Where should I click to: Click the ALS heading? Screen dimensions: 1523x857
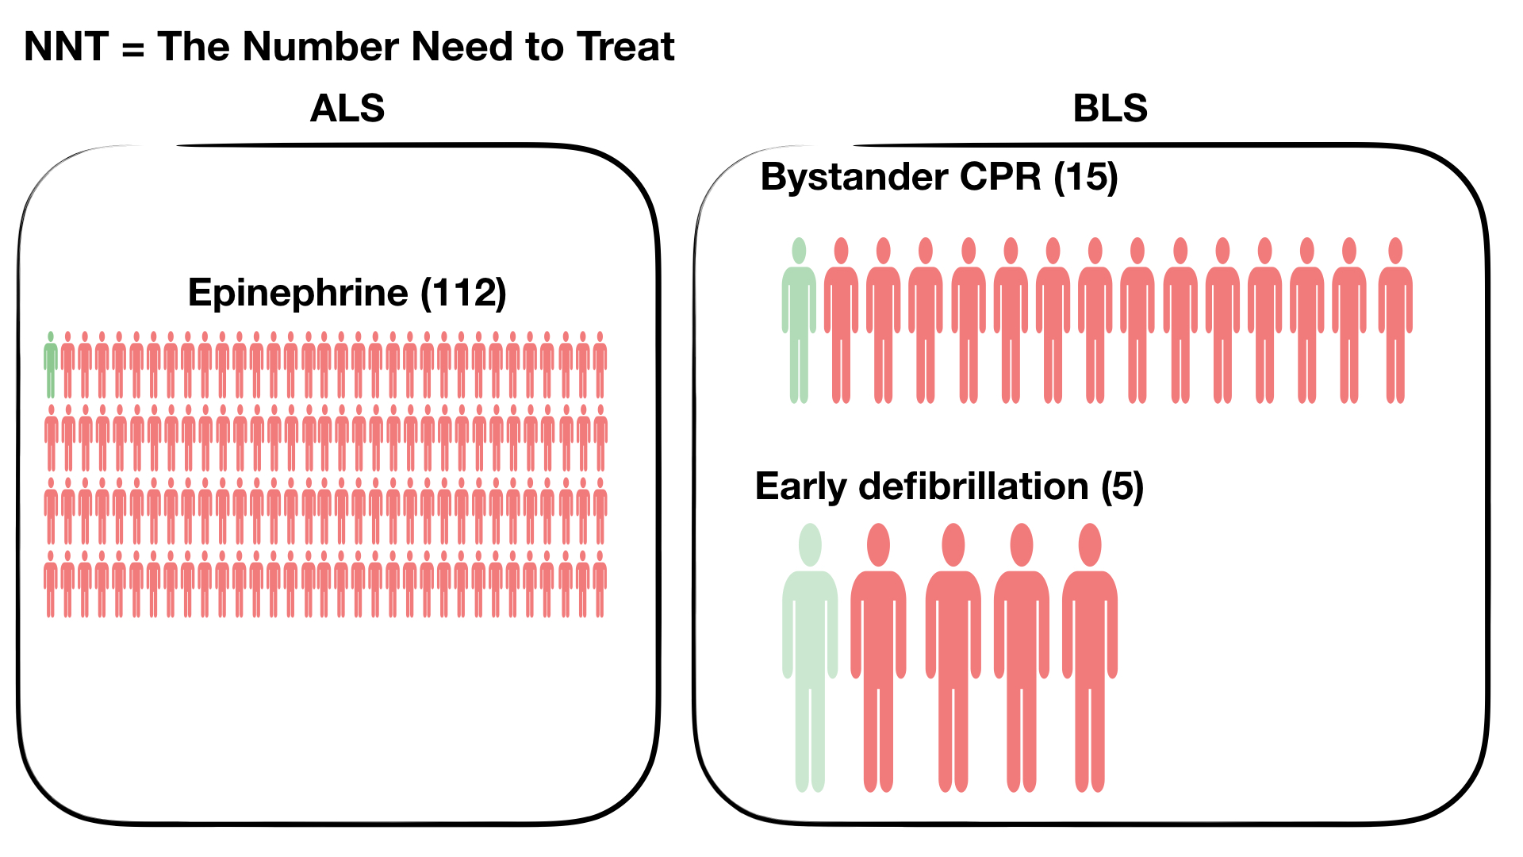[x=347, y=108]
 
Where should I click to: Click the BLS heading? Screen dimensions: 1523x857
[x=1110, y=108]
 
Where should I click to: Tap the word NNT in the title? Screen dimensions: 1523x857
[x=66, y=46]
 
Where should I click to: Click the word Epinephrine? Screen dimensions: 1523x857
[x=298, y=294]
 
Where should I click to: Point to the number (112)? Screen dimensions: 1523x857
[x=463, y=294]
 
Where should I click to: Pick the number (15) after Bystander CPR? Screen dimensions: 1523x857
[x=1086, y=177]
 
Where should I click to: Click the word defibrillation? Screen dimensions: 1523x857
[x=973, y=486]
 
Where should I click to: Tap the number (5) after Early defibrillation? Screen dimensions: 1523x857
[x=1122, y=486]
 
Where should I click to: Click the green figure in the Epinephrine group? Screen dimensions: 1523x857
[x=51, y=364]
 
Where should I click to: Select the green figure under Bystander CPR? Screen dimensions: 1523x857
[x=799, y=321]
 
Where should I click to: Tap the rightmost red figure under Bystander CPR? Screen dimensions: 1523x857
[x=1395, y=321]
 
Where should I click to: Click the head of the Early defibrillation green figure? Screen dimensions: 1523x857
[x=810, y=544]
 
